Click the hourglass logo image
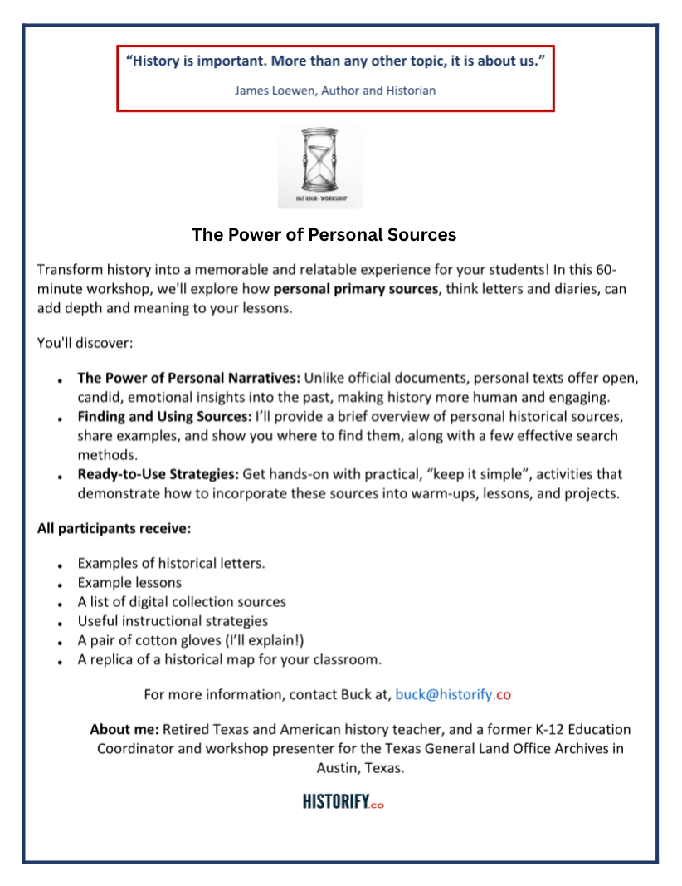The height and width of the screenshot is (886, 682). tap(320, 165)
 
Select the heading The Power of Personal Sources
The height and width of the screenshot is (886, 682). tap(324, 235)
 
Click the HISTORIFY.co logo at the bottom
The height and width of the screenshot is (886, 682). tap(343, 802)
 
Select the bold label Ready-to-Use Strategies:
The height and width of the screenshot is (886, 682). tap(158, 474)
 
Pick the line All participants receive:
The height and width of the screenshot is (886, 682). tap(114, 528)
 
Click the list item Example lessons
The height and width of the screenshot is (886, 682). tap(129, 583)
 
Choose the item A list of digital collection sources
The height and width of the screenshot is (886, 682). tap(182, 602)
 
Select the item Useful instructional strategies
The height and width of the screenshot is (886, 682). tap(173, 621)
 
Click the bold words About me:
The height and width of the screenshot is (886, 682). tap(124, 730)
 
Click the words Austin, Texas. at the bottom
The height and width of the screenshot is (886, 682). tap(360, 768)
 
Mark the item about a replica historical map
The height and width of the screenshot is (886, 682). tap(230, 660)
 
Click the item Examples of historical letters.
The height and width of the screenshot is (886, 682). tap(172, 564)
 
